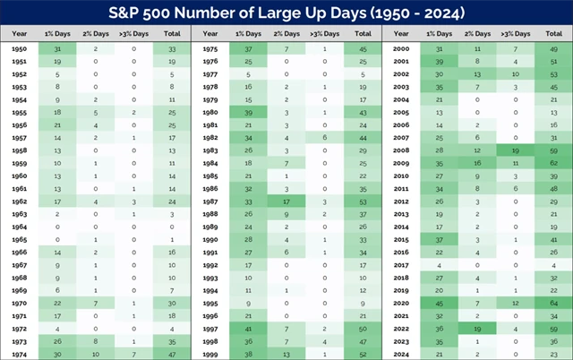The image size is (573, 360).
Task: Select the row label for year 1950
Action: click(x=19, y=48)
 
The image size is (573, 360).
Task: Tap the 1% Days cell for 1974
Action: click(x=57, y=355)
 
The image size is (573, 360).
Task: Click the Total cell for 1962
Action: click(x=169, y=202)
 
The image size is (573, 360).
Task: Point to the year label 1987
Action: click(x=210, y=202)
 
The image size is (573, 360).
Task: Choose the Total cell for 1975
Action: click(x=362, y=48)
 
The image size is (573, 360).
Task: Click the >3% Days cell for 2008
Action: click(x=515, y=151)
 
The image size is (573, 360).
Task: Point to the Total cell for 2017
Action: click(x=552, y=265)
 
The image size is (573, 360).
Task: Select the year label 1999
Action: click(x=210, y=355)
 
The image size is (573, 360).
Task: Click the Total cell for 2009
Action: click(x=552, y=164)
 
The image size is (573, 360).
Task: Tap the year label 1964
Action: click(x=19, y=227)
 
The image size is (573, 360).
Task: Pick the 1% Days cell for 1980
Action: click(x=248, y=113)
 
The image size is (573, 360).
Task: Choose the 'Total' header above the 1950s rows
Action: click(x=169, y=34)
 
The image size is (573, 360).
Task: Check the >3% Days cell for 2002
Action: click(x=515, y=74)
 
